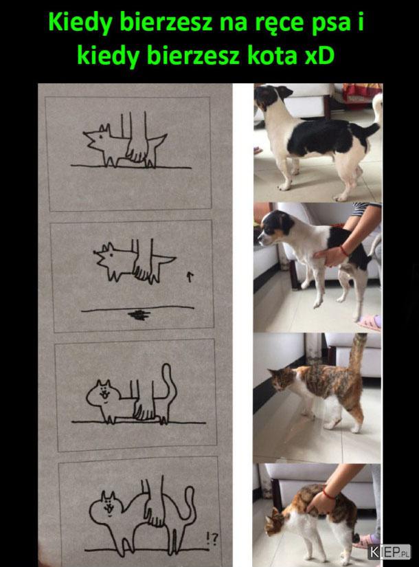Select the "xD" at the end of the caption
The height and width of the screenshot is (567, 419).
(x=319, y=57)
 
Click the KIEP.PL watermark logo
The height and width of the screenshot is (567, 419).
(x=389, y=552)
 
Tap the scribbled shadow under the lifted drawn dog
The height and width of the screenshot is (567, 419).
(x=139, y=315)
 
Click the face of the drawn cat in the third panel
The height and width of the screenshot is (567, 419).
(x=104, y=392)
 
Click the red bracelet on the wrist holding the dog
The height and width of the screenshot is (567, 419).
(x=344, y=251)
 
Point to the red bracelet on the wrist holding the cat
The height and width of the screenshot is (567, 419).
(x=328, y=493)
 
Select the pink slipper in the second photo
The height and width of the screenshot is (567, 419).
(x=369, y=322)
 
